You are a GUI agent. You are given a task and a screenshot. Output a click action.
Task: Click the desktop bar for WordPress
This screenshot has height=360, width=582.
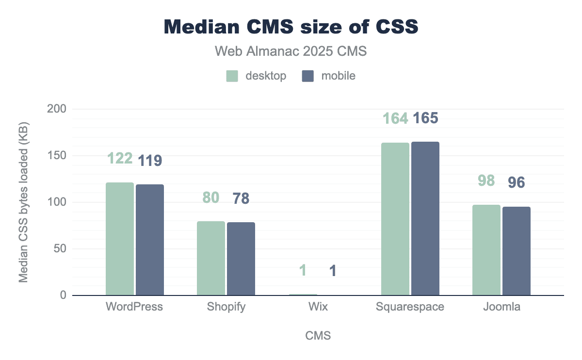click(120, 239)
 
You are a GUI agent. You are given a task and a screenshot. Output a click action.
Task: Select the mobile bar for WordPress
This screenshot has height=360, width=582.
click(150, 240)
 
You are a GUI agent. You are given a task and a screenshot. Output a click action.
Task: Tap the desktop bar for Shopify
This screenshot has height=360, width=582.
click(211, 259)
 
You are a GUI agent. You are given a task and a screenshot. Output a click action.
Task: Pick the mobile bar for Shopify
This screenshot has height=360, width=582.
click(241, 259)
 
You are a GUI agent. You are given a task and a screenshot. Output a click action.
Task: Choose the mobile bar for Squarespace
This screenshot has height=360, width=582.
click(425, 219)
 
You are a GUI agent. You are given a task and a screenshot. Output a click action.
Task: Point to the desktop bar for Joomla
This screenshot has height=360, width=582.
click(486, 250)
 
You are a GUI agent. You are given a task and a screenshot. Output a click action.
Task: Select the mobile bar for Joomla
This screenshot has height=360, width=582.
click(517, 251)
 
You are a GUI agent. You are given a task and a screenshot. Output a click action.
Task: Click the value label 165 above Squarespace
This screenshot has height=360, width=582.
click(425, 118)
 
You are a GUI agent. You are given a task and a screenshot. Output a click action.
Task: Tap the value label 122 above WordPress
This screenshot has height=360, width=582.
click(120, 158)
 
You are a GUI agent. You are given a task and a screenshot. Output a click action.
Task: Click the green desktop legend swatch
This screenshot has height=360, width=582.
click(232, 76)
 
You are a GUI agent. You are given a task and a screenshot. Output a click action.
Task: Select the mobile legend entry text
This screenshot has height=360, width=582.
click(338, 76)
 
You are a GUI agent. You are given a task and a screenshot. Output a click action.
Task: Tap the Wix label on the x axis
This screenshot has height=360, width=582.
click(318, 307)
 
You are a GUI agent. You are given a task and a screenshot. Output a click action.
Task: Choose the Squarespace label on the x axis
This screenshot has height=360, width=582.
click(410, 307)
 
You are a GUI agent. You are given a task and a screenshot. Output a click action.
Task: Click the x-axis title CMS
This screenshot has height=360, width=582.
click(318, 336)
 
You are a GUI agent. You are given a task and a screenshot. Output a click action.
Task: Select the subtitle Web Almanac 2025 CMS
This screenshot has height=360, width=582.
click(291, 51)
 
